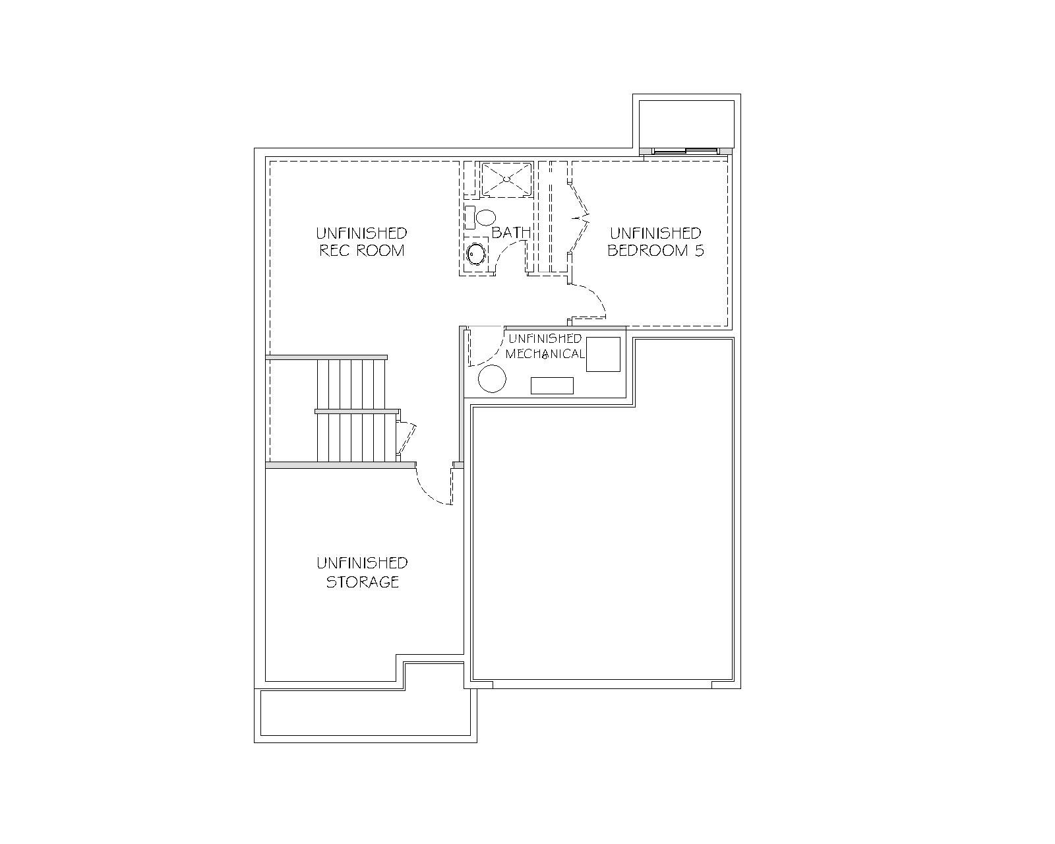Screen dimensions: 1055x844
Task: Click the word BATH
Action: coord(511,233)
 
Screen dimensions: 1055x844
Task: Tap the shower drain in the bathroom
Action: coord(506,179)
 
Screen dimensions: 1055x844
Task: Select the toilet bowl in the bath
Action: coord(486,218)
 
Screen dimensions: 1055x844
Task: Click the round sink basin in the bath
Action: coord(476,255)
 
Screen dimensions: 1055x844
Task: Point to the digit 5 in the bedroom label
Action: coord(699,251)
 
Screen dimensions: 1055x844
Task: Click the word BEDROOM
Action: coord(648,251)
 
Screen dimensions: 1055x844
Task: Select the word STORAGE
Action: coord(362,582)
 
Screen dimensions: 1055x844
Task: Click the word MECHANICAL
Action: coord(545,353)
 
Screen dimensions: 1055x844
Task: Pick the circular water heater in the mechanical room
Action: coord(492,378)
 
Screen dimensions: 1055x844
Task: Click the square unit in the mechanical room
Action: coord(603,354)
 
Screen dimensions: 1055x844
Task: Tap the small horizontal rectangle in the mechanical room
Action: coord(552,386)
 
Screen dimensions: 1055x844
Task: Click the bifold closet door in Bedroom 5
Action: coord(578,217)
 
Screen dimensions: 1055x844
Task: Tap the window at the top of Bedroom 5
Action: coord(686,151)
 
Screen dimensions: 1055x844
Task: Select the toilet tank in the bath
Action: coord(469,218)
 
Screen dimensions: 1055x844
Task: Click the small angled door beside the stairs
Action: coord(407,438)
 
